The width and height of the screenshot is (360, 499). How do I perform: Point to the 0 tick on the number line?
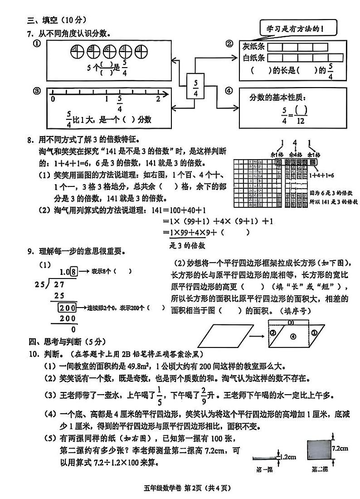[x=53, y=99]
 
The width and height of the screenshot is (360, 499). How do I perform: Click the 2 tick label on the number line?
[x=158, y=99]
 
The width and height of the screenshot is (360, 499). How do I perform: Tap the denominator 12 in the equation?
[x=301, y=121]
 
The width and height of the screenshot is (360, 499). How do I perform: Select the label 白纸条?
[x=253, y=58]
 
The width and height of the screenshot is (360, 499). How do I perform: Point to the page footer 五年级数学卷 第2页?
[x=186, y=488]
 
